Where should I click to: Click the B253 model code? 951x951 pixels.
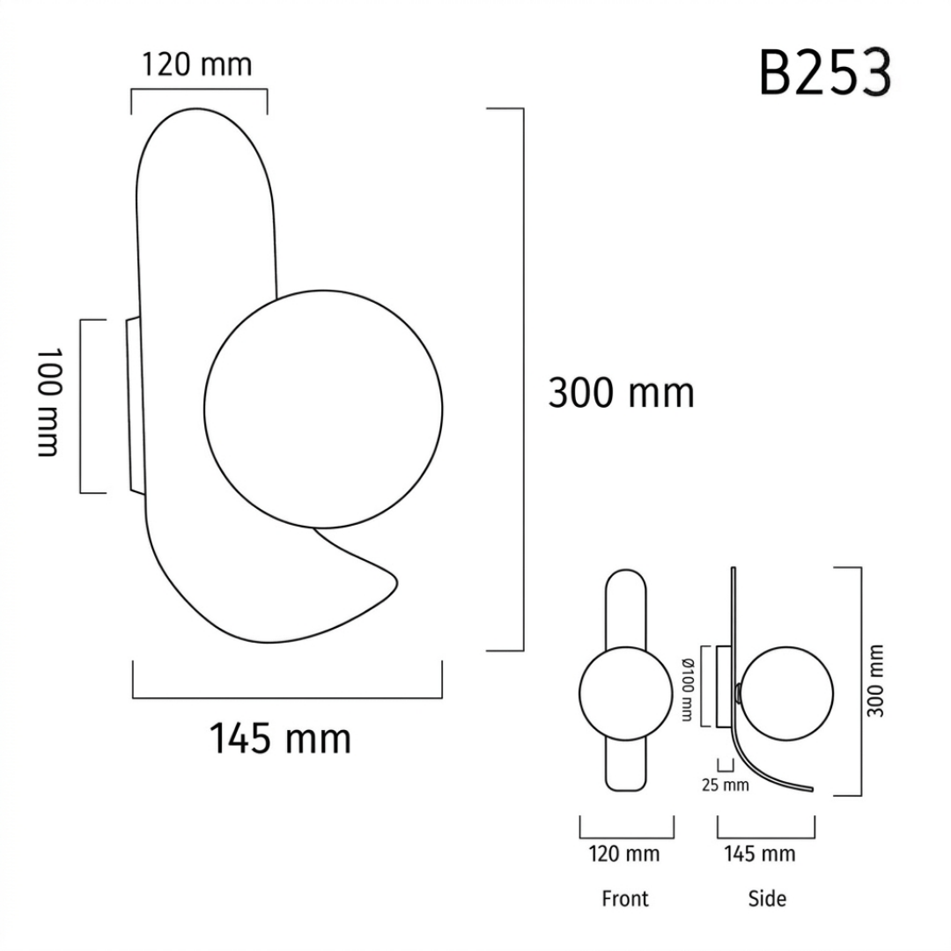point(825,73)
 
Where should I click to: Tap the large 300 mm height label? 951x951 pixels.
point(621,393)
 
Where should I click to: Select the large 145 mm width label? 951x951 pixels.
point(280,738)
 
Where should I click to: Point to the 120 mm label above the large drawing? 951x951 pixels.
point(196,64)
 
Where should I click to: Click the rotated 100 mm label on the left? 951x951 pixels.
point(48,402)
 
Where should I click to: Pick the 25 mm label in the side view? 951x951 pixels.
point(725,785)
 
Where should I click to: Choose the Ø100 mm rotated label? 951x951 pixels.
point(687,689)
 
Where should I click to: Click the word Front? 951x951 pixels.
point(624,898)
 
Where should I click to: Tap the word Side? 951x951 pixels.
point(767,898)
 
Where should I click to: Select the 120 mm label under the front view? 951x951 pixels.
point(624,854)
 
